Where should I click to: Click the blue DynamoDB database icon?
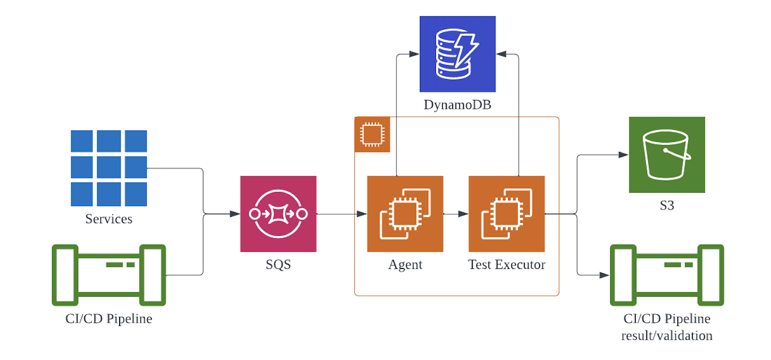click(x=457, y=54)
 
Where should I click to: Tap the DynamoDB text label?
click(x=457, y=105)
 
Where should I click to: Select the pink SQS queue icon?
click(x=278, y=214)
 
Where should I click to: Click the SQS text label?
click(x=278, y=264)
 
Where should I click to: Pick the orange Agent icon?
click(x=405, y=214)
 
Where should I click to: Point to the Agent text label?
click(x=405, y=264)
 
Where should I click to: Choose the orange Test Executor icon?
click(x=506, y=214)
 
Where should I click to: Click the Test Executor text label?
click(x=506, y=264)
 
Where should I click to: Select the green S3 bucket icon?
click(x=666, y=155)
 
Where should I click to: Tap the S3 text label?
click(x=666, y=205)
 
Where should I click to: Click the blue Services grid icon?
click(x=109, y=168)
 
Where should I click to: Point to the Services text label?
click(x=109, y=218)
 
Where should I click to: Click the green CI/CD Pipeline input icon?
click(x=109, y=275)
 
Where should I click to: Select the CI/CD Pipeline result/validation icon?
click(x=666, y=275)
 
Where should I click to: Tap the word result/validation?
click(x=666, y=336)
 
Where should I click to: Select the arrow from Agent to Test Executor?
click(x=456, y=214)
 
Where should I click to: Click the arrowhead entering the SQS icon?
click(x=235, y=214)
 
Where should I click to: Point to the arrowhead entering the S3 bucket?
click(x=623, y=155)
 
